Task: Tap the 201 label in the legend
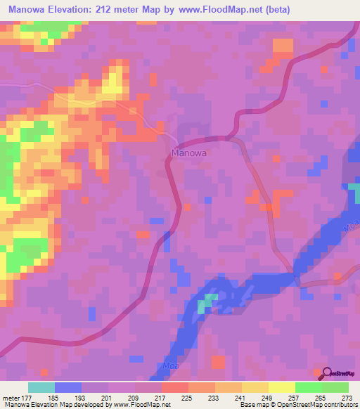pyautogui.click(x=108, y=398)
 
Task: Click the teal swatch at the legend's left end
pyautogui.click(x=41, y=388)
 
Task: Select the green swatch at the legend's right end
pyautogui.click(x=335, y=388)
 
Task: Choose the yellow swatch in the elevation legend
pyautogui.click(x=281, y=388)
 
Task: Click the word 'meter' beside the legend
pyautogui.click(x=10, y=398)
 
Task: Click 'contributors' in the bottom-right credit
pyautogui.click(x=340, y=405)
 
